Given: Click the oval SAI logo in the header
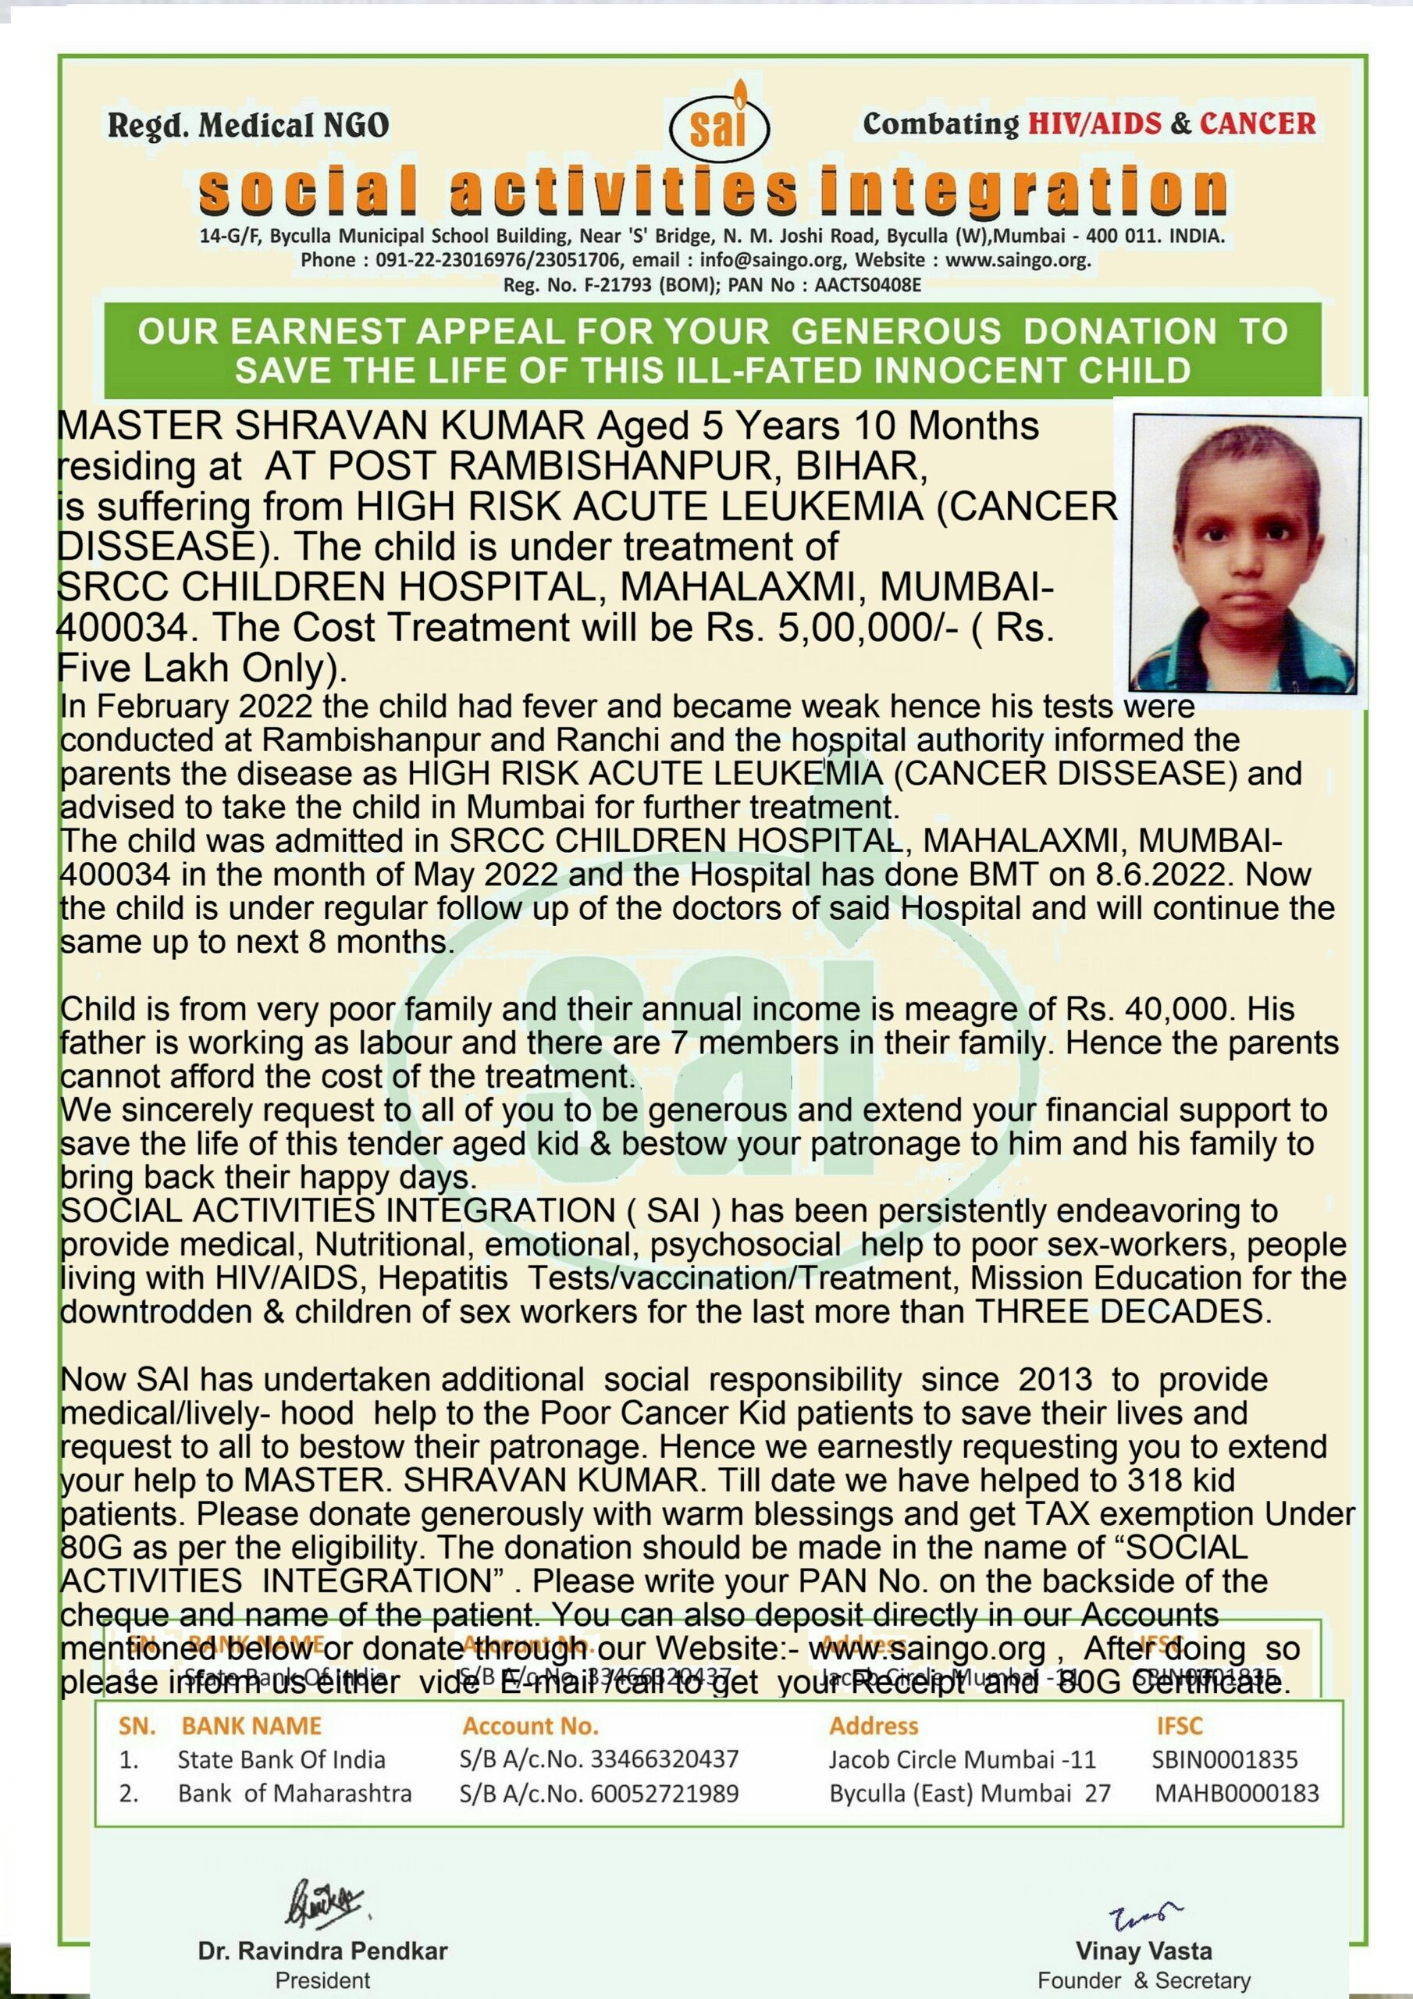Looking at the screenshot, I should [x=718, y=129].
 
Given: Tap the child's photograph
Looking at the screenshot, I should [x=1245, y=553].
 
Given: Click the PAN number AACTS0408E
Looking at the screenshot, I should [x=867, y=285].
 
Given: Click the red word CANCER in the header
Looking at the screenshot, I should [x=1257, y=123].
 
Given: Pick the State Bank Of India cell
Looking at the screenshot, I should [x=281, y=1759].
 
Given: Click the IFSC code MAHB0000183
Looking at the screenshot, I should [x=1237, y=1794].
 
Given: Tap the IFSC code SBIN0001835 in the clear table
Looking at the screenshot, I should [x=1224, y=1759].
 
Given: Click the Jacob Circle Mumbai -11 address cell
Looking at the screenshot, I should [x=962, y=1759].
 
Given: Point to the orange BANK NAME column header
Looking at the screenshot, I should [x=251, y=1726].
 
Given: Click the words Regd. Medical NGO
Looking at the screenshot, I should [x=248, y=126].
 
